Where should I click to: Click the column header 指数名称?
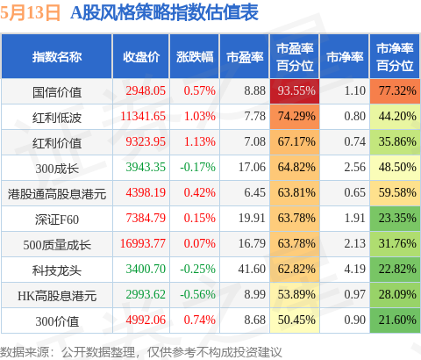point(57,57)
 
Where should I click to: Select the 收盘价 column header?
point(141,57)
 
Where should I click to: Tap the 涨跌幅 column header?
point(195,57)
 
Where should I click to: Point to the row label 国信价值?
point(57,92)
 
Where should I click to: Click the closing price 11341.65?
point(143,116)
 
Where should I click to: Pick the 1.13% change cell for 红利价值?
point(200,141)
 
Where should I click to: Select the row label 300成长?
point(57,169)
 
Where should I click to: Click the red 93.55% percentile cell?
point(295,90)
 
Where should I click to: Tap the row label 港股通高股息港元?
point(57,194)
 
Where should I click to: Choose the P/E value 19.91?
point(252,218)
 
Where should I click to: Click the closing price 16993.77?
point(143,243)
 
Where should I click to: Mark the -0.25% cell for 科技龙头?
point(197,269)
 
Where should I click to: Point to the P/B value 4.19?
point(355,269)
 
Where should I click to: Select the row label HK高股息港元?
point(57,296)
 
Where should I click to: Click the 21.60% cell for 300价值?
point(395,320)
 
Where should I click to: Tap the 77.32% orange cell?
point(395,90)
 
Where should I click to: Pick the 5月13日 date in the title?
point(30,12)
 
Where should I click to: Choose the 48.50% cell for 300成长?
point(395,168)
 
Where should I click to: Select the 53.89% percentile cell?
point(295,294)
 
